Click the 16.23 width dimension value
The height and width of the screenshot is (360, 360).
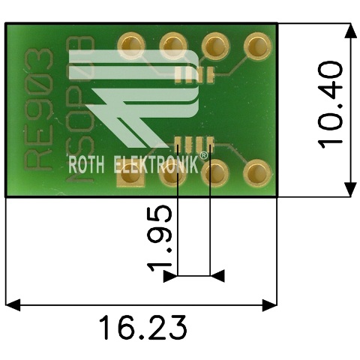142,327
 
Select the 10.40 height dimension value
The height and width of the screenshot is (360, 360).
330,105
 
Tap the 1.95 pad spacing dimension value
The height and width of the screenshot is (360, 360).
160,239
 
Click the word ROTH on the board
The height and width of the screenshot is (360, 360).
86,165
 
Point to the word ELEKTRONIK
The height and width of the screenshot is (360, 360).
156,164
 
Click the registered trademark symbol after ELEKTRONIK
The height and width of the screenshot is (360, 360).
204,155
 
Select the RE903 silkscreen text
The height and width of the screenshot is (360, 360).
38,109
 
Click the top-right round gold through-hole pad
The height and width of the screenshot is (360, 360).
257,46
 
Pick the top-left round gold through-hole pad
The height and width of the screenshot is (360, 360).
131,46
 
